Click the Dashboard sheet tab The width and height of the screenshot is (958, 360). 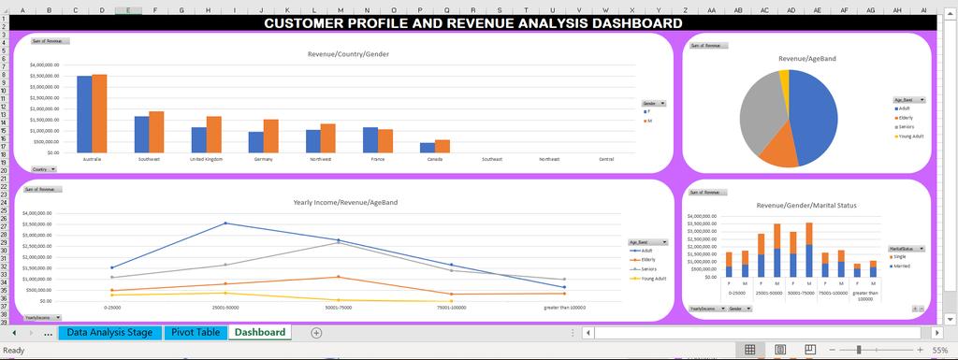(x=260, y=332)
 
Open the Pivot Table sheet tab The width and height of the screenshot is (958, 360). (x=196, y=332)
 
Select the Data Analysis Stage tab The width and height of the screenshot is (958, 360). (x=109, y=332)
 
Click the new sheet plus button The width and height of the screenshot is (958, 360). (x=316, y=332)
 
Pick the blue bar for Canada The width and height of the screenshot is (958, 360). (x=428, y=147)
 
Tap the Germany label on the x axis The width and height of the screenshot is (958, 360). (x=263, y=160)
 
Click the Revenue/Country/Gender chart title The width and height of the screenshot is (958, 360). (x=348, y=54)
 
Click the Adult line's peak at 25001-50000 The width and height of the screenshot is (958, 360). (x=225, y=223)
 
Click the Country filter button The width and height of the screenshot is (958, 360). (x=43, y=169)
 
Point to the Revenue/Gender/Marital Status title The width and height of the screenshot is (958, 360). (x=806, y=205)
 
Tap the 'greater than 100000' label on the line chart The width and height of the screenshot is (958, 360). (x=564, y=306)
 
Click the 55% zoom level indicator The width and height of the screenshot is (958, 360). (x=939, y=350)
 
